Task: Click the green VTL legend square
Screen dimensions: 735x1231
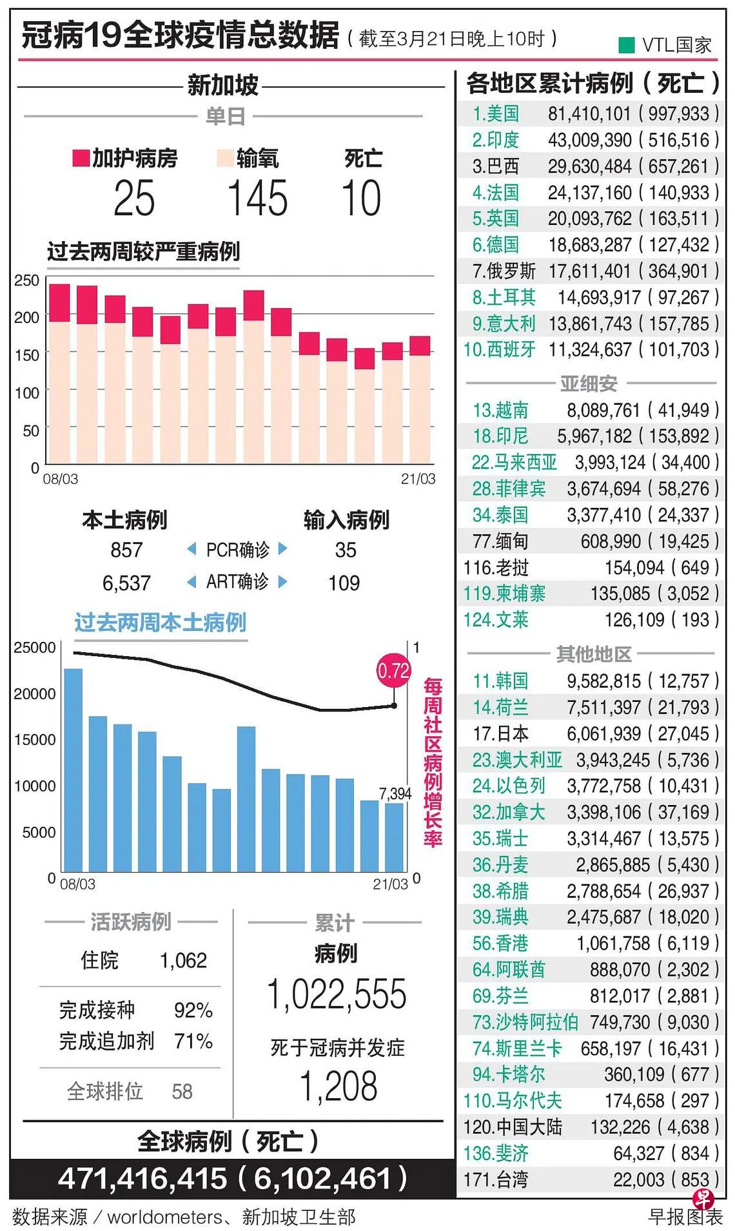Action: click(x=626, y=45)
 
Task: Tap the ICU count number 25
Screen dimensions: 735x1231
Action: click(x=134, y=198)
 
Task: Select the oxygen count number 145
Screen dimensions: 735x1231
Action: click(x=257, y=198)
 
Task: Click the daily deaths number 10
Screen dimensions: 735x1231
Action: click(x=362, y=198)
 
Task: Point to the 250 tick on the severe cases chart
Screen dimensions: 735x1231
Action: click(x=26, y=280)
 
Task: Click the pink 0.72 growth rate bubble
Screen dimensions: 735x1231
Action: click(x=393, y=671)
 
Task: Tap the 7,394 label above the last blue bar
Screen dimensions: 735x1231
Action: click(x=395, y=793)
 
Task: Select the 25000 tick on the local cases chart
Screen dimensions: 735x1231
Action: click(x=34, y=648)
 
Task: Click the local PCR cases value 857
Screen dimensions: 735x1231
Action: click(x=126, y=550)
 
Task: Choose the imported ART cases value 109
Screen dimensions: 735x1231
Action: click(x=344, y=583)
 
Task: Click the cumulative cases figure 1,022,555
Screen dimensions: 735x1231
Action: click(x=337, y=994)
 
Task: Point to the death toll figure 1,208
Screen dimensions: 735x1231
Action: click(x=338, y=1086)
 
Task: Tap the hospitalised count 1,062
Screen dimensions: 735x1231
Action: click(x=184, y=960)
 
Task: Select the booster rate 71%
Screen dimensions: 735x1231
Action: click(x=193, y=1041)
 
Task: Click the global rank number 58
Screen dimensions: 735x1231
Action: click(x=182, y=1091)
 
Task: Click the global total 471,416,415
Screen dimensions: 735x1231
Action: click(x=142, y=1179)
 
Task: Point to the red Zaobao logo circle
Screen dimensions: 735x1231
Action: click(x=703, y=1199)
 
